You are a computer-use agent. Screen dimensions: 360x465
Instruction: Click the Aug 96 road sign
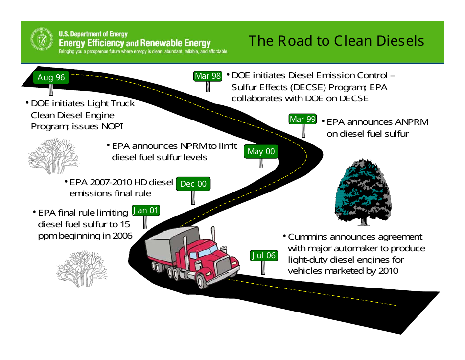click(51, 77)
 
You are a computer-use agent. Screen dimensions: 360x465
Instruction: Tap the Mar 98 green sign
click(208, 76)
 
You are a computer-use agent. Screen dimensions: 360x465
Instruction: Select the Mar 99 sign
click(302, 119)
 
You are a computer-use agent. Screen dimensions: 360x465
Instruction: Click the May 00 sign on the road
click(261, 151)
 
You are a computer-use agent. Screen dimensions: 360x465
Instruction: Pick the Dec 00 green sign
click(193, 184)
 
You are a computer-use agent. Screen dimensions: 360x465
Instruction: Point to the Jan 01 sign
click(145, 210)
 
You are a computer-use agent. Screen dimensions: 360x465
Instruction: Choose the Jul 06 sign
click(264, 255)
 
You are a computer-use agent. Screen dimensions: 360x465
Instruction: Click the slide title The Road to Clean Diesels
click(336, 41)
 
